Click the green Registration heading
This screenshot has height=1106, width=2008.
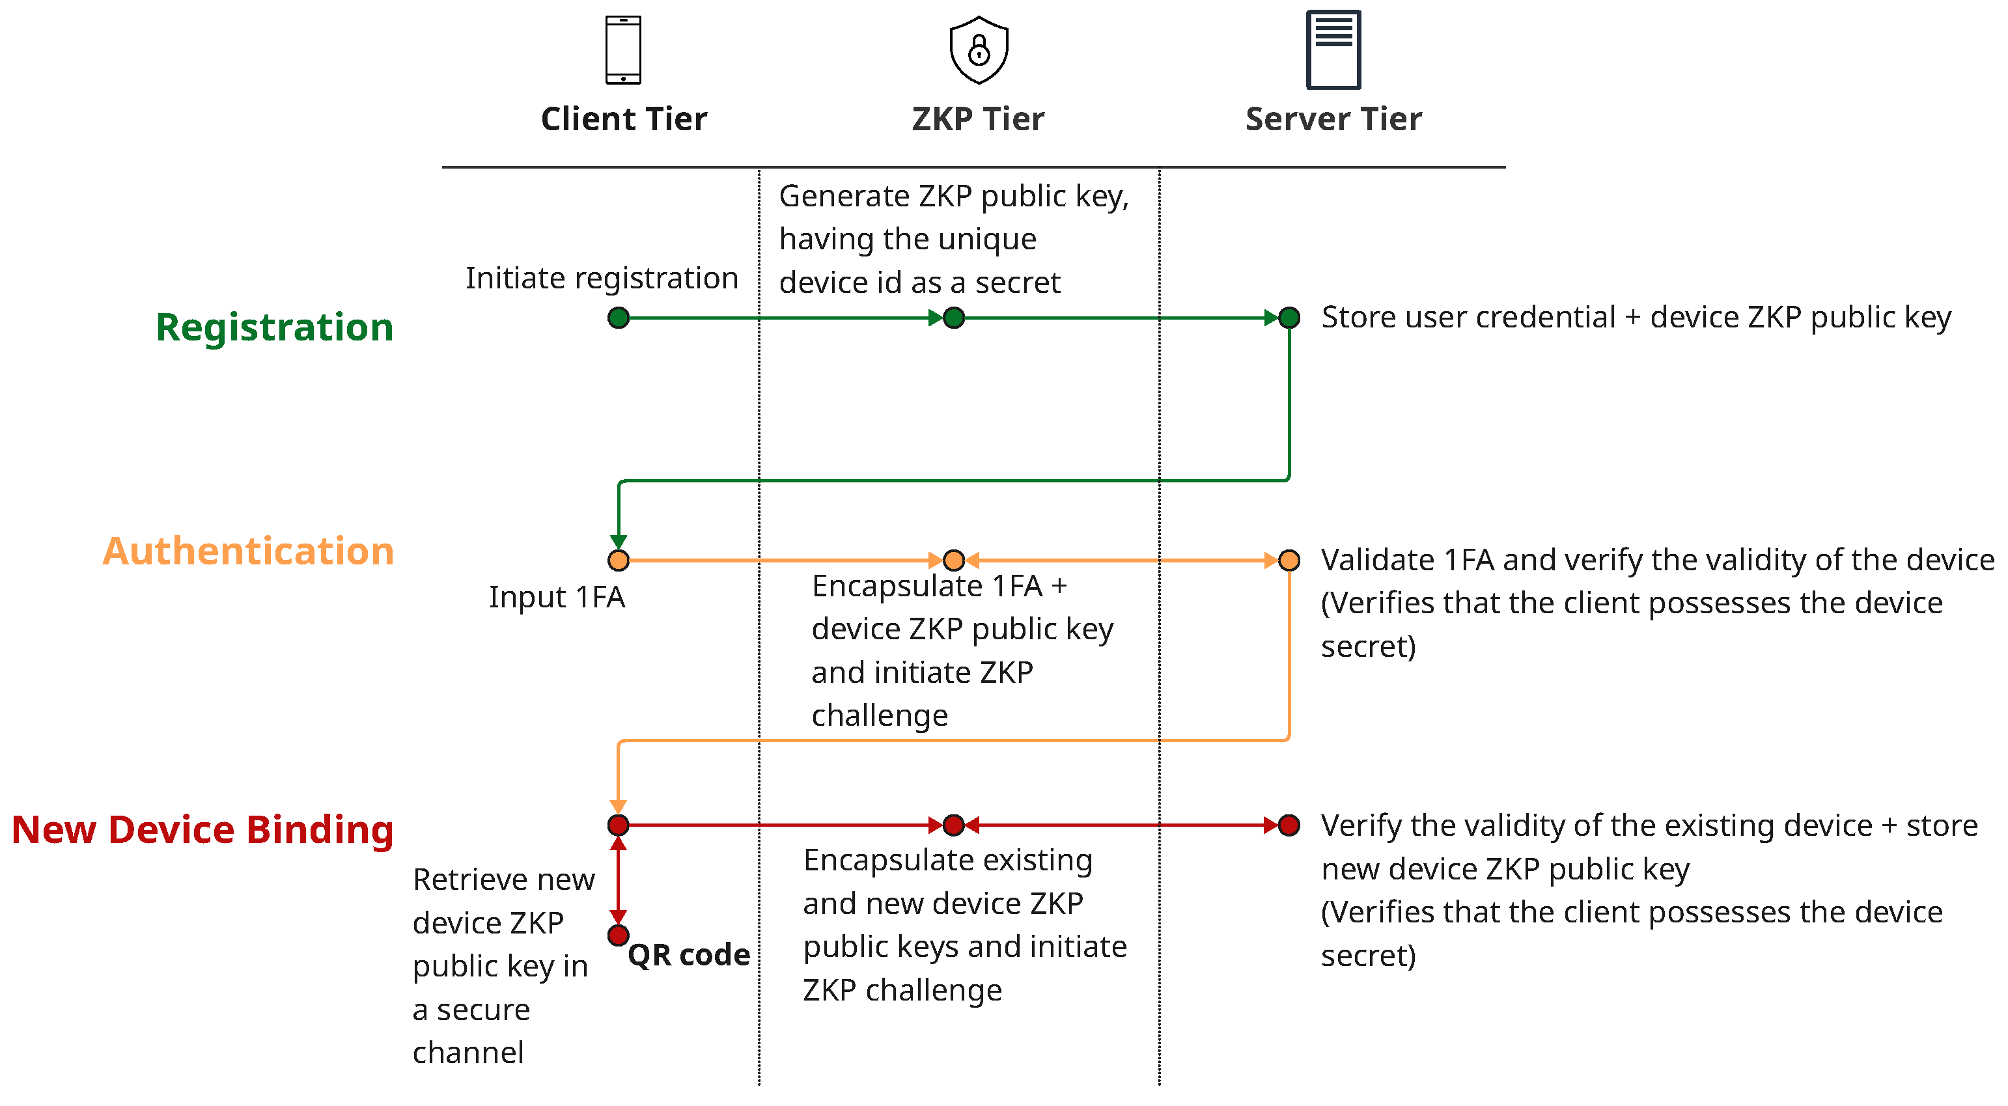pos(274,327)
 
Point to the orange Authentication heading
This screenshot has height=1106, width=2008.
pos(248,551)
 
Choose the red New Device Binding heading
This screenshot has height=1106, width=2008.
pos(202,829)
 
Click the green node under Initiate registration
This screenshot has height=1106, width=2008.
pos(618,318)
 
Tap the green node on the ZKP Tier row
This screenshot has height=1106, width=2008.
pos(953,318)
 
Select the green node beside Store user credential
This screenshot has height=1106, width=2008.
pos(1289,318)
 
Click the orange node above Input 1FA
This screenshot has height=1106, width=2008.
pos(618,560)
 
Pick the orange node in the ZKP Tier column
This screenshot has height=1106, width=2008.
pos(953,560)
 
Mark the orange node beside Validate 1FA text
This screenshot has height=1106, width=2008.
pos(1289,560)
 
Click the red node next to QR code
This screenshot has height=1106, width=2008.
pos(618,935)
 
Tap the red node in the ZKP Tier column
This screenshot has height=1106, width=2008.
pos(953,825)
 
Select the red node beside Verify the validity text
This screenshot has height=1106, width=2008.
pos(1289,825)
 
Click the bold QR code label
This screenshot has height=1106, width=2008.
pos(688,955)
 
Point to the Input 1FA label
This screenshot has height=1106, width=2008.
pos(557,597)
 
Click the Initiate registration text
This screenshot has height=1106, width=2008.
pos(601,278)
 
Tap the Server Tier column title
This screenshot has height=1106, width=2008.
pos(1333,119)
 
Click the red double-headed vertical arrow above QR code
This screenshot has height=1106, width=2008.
pos(618,881)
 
